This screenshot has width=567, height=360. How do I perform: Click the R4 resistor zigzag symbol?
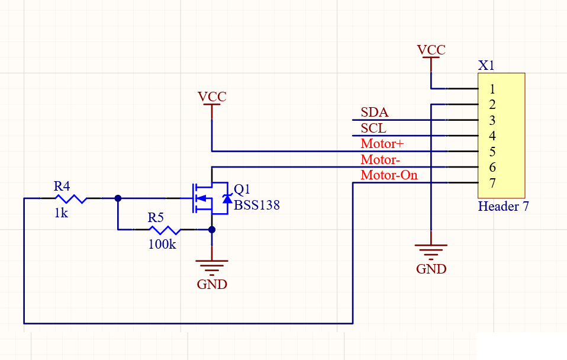coord(71,198)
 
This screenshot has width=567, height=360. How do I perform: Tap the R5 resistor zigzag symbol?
coord(165,230)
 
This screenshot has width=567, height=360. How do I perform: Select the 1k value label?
coord(61,213)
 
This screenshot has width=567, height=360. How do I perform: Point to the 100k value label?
coord(162,245)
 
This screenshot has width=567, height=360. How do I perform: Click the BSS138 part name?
coord(257,205)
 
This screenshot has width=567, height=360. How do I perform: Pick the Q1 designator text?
coord(242,189)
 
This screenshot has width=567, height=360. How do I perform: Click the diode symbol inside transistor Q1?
coord(227,198)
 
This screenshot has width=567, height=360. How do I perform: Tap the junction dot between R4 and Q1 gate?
coord(118,198)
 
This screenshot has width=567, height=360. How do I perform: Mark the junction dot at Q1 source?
coord(212,230)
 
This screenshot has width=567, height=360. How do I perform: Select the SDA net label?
coord(375,112)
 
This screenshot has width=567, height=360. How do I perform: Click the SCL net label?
coord(373,128)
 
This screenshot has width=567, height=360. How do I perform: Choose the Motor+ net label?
coord(382,144)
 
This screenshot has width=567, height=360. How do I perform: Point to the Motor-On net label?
coord(389,175)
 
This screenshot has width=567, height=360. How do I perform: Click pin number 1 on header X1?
coord(492,89)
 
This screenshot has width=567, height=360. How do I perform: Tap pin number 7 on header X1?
coord(492,183)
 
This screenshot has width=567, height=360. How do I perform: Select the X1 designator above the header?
coord(486,66)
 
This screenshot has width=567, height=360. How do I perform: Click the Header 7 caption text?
coord(503,207)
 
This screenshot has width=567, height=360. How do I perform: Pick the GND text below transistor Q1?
coord(212,284)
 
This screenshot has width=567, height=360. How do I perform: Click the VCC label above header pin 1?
coord(431,50)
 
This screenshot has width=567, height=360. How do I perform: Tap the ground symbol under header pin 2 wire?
coord(431,252)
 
